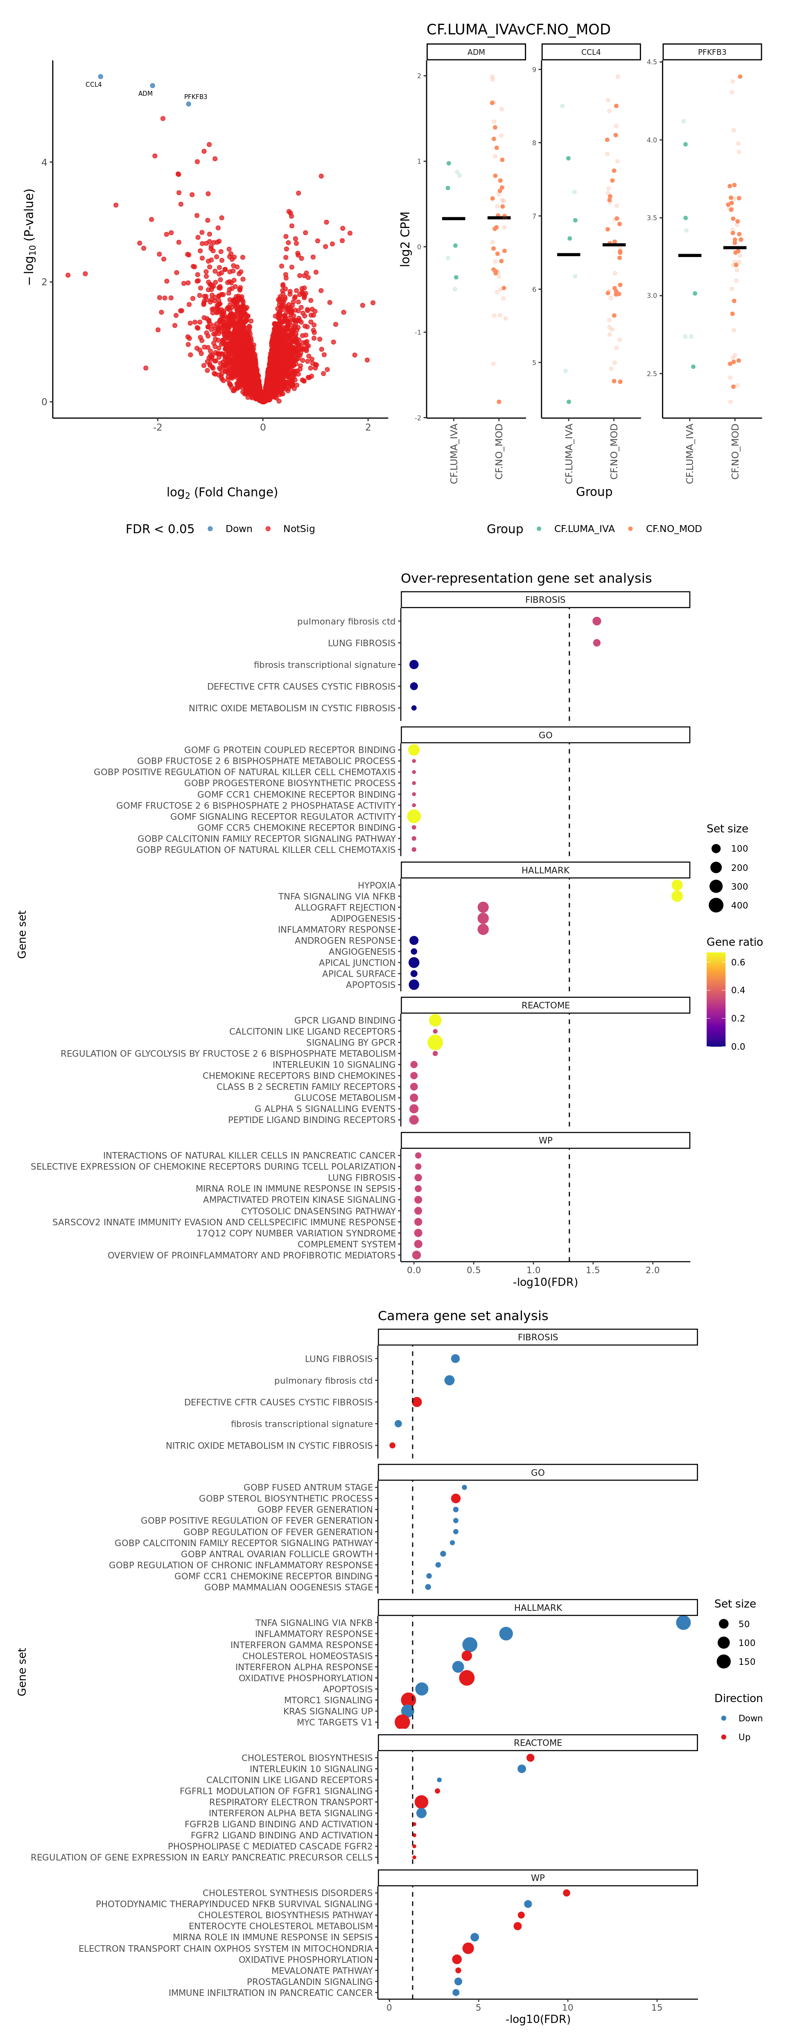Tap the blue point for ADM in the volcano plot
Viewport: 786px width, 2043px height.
click(x=152, y=86)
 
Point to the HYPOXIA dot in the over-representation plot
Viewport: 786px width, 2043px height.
click(x=677, y=885)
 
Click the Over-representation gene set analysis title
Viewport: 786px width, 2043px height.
click(x=526, y=578)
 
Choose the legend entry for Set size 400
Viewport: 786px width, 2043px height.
click(x=716, y=905)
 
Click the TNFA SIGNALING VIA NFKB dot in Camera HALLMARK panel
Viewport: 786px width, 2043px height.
click(x=683, y=1623)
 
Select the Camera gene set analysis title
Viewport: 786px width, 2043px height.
click(x=463, y=1316)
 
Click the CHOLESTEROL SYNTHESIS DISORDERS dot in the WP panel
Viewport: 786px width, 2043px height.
click(x=566, y=1893)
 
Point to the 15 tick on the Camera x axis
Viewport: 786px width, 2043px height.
click(x=657, y=2007)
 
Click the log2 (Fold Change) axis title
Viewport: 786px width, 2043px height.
click(x=222, y=492)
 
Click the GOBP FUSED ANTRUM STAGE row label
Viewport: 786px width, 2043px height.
click(x=308, y=1487)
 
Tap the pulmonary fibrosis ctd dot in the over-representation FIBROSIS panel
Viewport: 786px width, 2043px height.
click(x=596, y=621)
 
